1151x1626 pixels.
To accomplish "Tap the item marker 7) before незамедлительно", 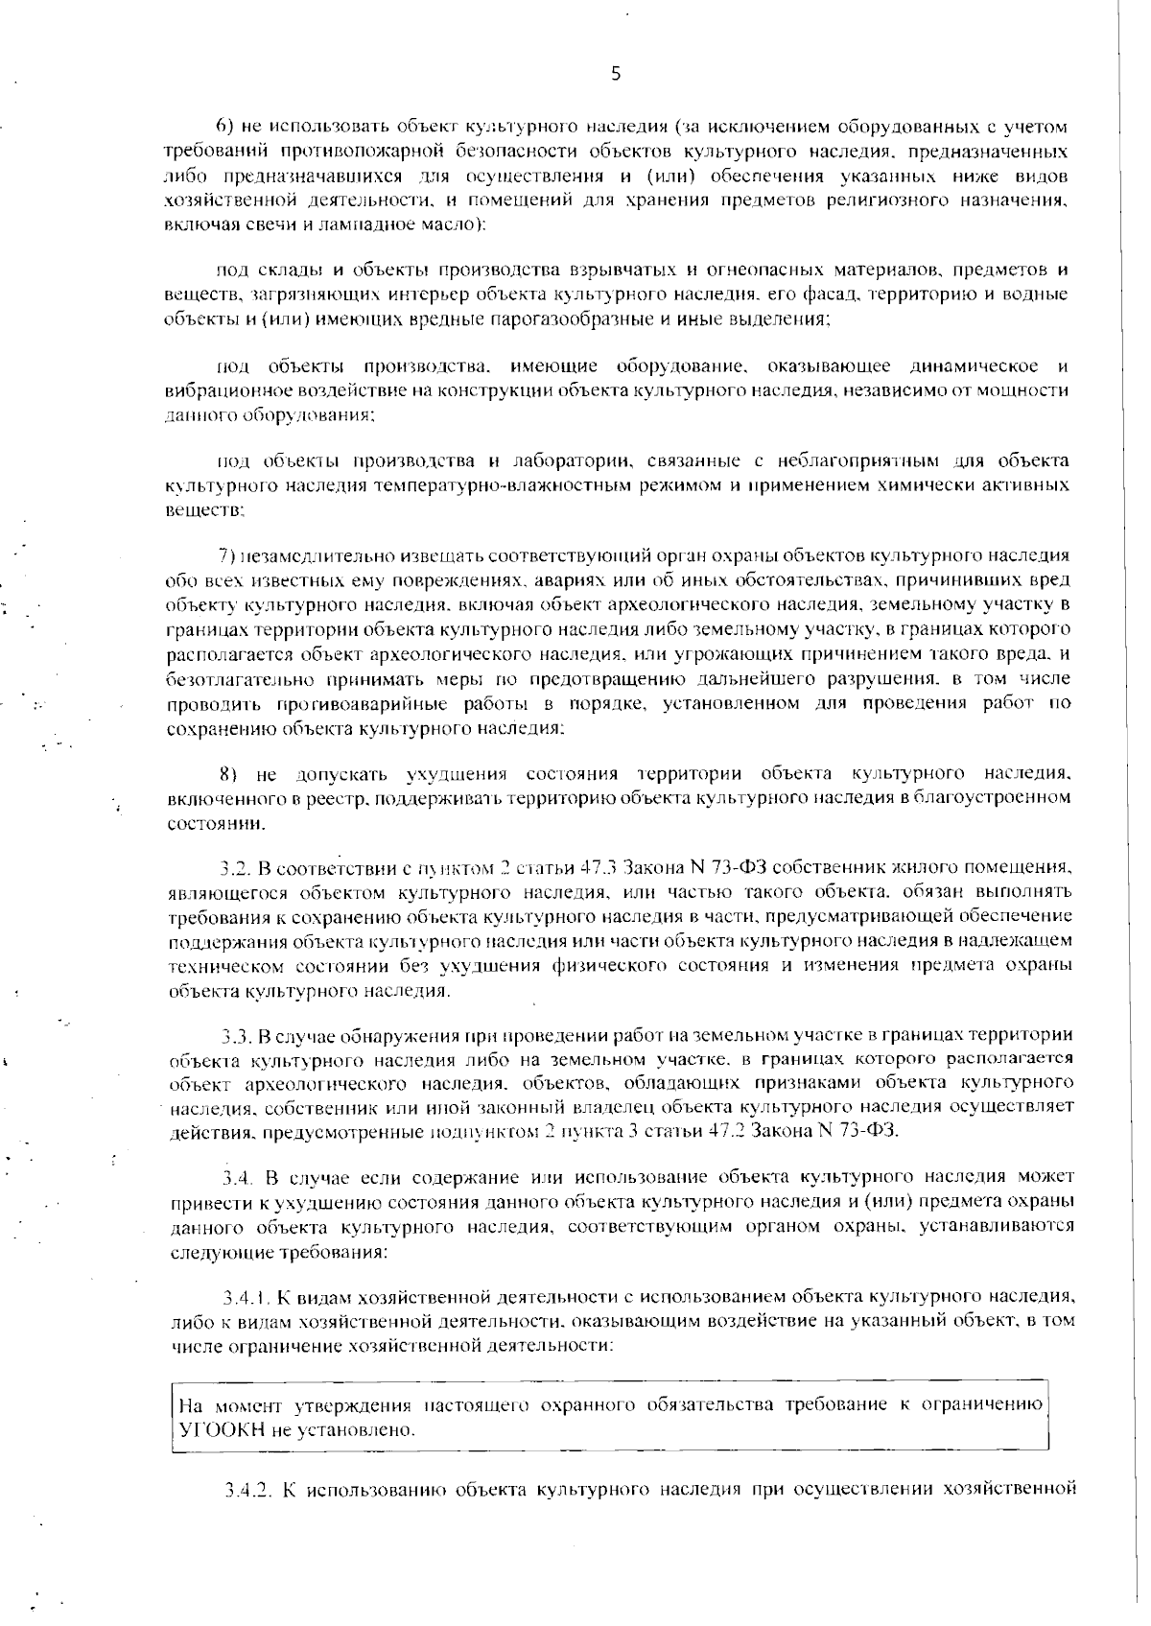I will tap(227, 555).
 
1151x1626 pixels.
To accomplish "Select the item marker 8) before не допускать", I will tap(227, 773).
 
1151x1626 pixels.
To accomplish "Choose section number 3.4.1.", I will tap(244, 1298).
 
